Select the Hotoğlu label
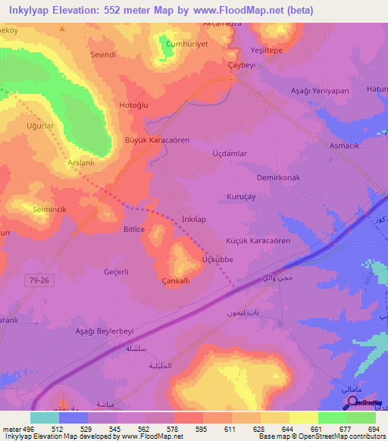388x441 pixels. click(135, 105)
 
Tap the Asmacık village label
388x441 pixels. click(345, 145)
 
